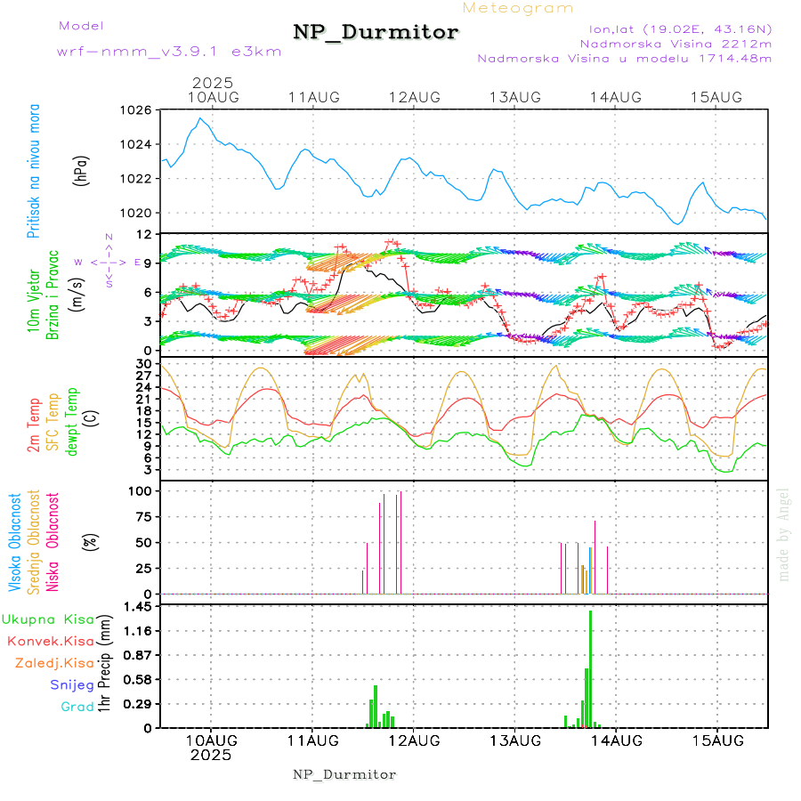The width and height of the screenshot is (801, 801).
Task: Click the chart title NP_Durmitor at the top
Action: click(x=376, y=33)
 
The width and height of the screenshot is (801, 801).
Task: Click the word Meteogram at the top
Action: click(x=518, y=8)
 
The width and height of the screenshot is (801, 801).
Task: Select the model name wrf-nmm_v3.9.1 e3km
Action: click(x=169, y=52)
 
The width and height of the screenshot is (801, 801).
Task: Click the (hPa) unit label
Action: click(x=82, y=170)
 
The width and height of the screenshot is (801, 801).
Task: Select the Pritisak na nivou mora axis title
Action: click(x=34, y=170)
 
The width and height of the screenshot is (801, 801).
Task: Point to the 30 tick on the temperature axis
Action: click(x=142, y=364)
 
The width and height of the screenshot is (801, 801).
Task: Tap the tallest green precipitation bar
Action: click(x=590, y=667)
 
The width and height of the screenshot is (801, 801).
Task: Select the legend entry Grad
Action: click(x=77, y=707)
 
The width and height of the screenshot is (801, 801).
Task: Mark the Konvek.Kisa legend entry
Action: click(x=50, y=641)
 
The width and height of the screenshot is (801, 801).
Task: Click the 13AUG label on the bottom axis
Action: click(x=514, y=740)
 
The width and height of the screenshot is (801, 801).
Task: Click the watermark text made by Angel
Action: click(x=784, y=534)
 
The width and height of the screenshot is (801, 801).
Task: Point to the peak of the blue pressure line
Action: click(x=200, y=118)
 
